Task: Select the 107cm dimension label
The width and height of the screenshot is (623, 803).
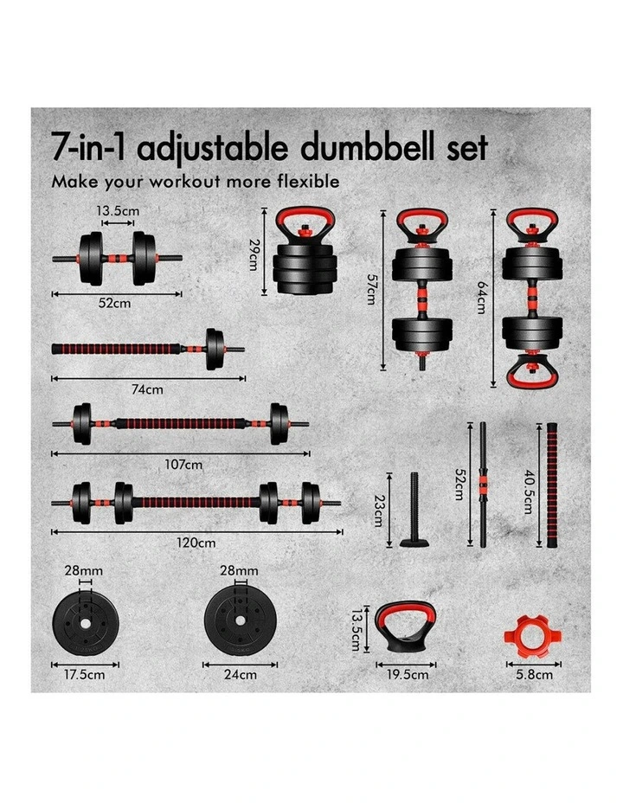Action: point(183,465)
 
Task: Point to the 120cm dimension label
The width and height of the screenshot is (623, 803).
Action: point(196,543)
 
